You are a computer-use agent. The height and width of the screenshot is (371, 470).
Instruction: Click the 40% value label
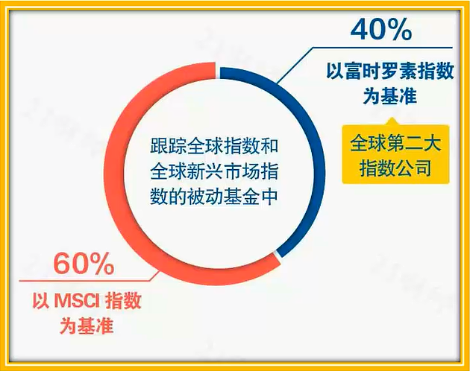coord(381,30)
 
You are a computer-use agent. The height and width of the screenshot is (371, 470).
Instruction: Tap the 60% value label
coord(84,264)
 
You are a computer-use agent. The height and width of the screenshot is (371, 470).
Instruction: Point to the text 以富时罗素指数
coord(390,72)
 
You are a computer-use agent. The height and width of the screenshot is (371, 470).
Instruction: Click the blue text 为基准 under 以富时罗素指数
coord(390,96)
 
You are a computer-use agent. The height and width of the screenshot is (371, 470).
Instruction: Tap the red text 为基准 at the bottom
coord(87,326)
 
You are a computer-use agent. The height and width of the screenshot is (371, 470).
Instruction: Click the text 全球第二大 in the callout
coord(395,143)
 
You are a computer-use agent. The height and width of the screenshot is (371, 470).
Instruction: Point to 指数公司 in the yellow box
coord(395,168)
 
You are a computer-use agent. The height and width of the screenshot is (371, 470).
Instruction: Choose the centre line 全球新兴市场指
coord(214,171)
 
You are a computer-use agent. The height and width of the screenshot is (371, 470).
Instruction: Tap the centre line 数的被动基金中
coord(214,197)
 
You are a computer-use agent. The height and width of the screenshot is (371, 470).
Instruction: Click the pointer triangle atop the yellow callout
coord(392,122)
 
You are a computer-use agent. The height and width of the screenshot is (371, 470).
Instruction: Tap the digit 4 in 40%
coord(360,30)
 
